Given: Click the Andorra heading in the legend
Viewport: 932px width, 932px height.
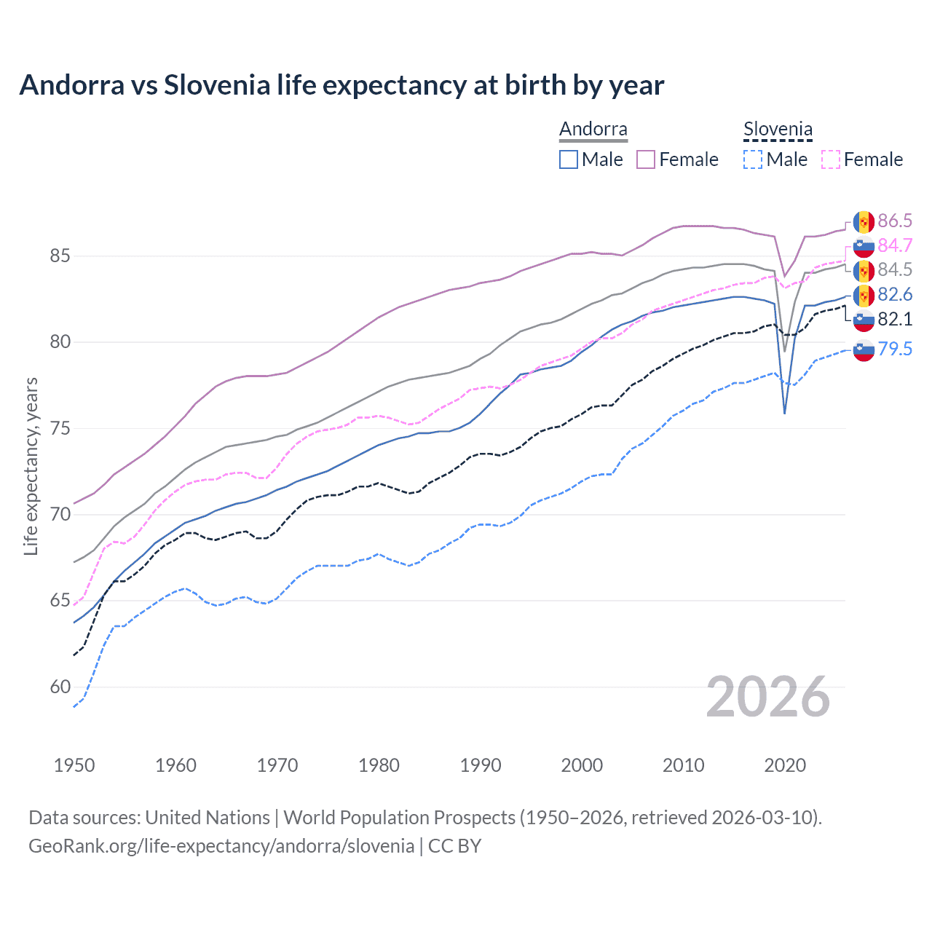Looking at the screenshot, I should pyautogui.click(x=593, y=130).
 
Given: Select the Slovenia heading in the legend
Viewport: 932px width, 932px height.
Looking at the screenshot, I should pyautogui.click(x=777, y=130).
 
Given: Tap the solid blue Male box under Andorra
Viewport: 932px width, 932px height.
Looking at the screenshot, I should pyautogui.click(x=569, y=159).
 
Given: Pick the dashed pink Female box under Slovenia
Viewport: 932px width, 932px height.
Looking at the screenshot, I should pyautogui.click(x=831, y=159).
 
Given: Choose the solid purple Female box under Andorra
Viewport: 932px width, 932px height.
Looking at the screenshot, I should pyautogui.click(x=646, y=159).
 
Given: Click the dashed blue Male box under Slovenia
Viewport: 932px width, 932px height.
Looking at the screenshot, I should pyautogui.click(x=753, y=159).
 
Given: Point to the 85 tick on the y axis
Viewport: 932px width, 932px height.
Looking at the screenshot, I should pyautogui.click(x=60, y=256).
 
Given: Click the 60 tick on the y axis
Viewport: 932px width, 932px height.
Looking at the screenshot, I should pyautogui.click(x=60, y=687).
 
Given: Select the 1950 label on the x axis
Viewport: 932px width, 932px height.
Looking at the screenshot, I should pyautogui.click(x=74, y=765).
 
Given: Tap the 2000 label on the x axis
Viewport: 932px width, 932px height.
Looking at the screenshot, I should pyautogui.click(x=582, y=765).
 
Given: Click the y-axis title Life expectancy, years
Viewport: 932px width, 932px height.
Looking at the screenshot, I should pyautogui.click(x=31, y=466).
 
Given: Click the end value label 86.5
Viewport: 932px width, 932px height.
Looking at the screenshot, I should pyautogui.click(x=895, y=221).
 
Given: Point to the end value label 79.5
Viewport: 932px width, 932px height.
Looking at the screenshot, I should pyautogui.click(x=895, y=349).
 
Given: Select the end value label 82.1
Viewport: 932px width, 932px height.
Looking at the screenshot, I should pyautogui.click(x=895, y=320).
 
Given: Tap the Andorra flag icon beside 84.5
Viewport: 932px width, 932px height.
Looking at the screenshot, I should pyautogui.click(x=864, y=271).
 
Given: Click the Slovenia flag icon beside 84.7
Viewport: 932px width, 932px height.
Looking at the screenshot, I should pyautogui.click(x=864, y=246).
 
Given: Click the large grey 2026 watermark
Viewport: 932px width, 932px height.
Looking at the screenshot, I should pyautogui.click(x=768, y=697).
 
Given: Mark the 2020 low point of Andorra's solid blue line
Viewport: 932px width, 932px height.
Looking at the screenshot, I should pyautogui.click(x=784, y=414).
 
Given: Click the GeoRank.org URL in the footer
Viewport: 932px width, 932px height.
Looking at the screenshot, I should pyautogui.click(x=221, y=846).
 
